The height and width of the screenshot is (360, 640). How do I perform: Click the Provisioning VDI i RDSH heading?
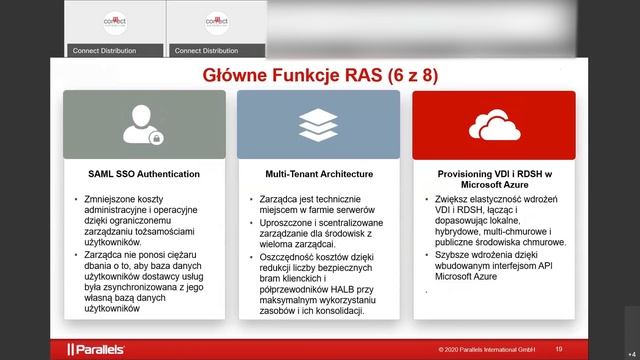(493, 178)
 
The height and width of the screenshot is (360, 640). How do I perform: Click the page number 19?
(559, 349)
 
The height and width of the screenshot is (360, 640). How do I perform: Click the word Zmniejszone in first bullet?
(112, 200)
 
